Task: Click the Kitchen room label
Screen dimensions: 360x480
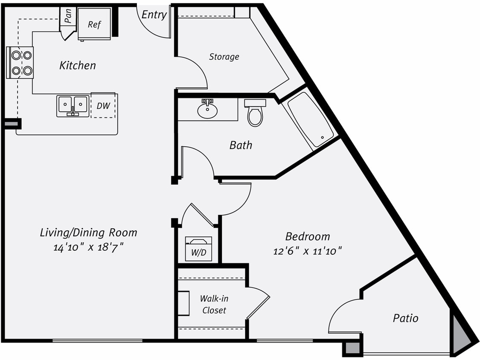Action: click(x=77, y=65)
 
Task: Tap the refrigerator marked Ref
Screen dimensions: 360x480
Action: click(x=94, y=24)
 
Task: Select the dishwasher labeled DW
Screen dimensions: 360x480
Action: click(x=103, y=106)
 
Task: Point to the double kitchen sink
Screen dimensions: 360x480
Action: click(x=73, y=105)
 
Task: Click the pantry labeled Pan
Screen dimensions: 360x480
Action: click(x=67, y=17)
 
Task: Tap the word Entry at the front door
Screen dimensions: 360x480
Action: click(x=154, y=15)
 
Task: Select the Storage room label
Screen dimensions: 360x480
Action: click(x=224, y=57)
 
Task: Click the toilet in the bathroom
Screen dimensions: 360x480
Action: click(x=255, y=113)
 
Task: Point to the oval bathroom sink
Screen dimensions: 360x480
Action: click(x=207, y=110)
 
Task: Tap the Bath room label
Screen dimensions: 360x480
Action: click(x=241, y=145)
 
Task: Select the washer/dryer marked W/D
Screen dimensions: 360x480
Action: click(x=199, y=249)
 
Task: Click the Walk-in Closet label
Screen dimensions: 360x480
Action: click(x=214, y=305)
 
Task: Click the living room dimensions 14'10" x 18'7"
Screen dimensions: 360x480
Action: click(x=88, y=247)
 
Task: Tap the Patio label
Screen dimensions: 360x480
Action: click(x=405, y=318)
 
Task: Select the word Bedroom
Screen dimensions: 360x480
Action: click(x=307, y=236)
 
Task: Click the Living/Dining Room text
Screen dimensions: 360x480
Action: click(x=88, y=232)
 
